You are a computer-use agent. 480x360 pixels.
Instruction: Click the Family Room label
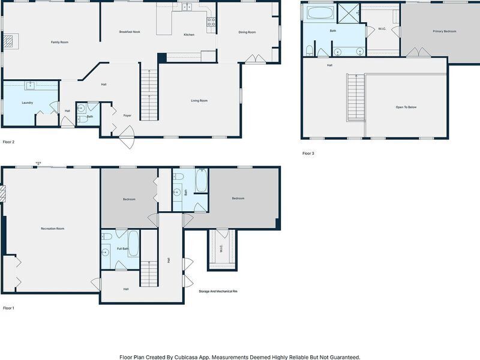coord(59,42)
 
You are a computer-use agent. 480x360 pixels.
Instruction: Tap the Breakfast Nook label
coord(130,32)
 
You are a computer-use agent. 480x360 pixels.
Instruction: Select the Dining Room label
coord(247,32)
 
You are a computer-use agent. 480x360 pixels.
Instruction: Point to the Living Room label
coord(199,101)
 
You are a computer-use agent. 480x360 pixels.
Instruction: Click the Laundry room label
coord(27,103)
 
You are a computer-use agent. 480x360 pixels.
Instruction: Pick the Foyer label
coord(127,116)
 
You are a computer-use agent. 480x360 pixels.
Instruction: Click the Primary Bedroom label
coord(445,31)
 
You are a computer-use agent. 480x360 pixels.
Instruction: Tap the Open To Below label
coord(406,107)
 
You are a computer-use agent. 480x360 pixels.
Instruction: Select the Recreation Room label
coord(53,229)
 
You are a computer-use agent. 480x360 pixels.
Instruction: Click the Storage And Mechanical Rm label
coord(218,292)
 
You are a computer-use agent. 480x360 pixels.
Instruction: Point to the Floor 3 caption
coord(308,154)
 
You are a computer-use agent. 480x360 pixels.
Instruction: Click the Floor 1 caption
coord(8,308)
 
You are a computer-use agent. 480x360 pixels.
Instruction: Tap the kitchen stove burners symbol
coord(211,22)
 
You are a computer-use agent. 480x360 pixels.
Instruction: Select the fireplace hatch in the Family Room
coord(8,41)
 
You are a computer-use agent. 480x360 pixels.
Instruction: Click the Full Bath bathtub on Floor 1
coord(133,244)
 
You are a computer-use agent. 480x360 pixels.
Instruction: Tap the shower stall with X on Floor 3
coord(349,13)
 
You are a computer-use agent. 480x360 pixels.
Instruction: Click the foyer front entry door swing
coord(127,137)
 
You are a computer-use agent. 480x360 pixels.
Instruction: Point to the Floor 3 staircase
coord(356,97)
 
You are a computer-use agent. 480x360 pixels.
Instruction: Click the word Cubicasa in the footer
coord(185,357)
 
